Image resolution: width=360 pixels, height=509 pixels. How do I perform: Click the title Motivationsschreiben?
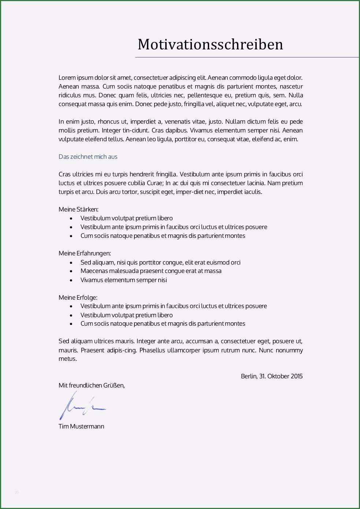(x=210, y=45)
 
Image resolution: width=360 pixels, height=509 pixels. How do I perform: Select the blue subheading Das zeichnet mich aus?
(x=88, y=157)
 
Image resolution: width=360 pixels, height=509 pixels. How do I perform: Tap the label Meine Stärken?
(x=78, y=209)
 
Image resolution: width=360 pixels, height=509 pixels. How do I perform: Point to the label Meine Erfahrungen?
(x=85, y=253)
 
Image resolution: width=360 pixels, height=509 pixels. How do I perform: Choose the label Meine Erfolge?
(x=78, y=297)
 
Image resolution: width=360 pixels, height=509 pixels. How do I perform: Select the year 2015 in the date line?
(x=297, y=376)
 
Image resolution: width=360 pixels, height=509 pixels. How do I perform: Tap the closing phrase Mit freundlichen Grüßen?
(x=92, y=385)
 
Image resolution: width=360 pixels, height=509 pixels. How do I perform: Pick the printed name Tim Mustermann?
(x=81, y=426)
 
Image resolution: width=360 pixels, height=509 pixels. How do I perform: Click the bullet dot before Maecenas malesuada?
(x=71, y=271)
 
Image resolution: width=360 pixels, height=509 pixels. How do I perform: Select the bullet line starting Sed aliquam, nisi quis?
(x=160, y=262)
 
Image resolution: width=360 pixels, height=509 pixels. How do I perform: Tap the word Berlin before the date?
(x=249, y=376)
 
